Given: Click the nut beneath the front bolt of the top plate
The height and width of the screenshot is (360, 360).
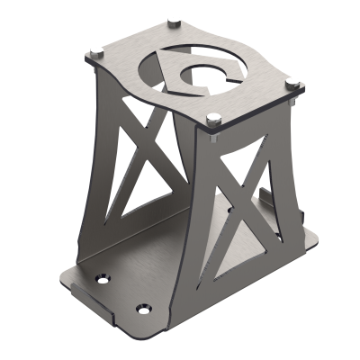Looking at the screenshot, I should coord(213,135).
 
